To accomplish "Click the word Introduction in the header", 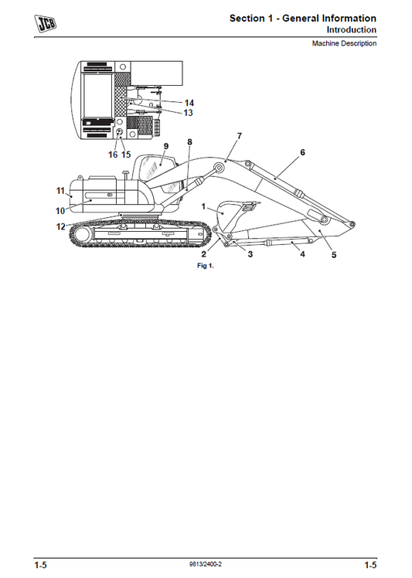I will pos(351,30).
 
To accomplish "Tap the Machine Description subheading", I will pos(344,44).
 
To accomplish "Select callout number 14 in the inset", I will pos(189,103).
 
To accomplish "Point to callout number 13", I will pos(188,113).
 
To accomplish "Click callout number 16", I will pos(113,155).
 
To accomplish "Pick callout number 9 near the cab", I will pos(165,145).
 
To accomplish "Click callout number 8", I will pos(189,142).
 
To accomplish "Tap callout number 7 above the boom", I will pos(239,135).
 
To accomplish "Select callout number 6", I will pos(302,152).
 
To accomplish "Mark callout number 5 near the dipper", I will pos(334,256).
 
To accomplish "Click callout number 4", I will pos(302,253).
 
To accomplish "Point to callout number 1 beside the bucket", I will pos(203,207).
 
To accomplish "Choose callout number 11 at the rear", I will pos(60,190).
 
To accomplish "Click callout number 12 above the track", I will pos(60,226).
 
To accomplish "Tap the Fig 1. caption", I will pos(205,265).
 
